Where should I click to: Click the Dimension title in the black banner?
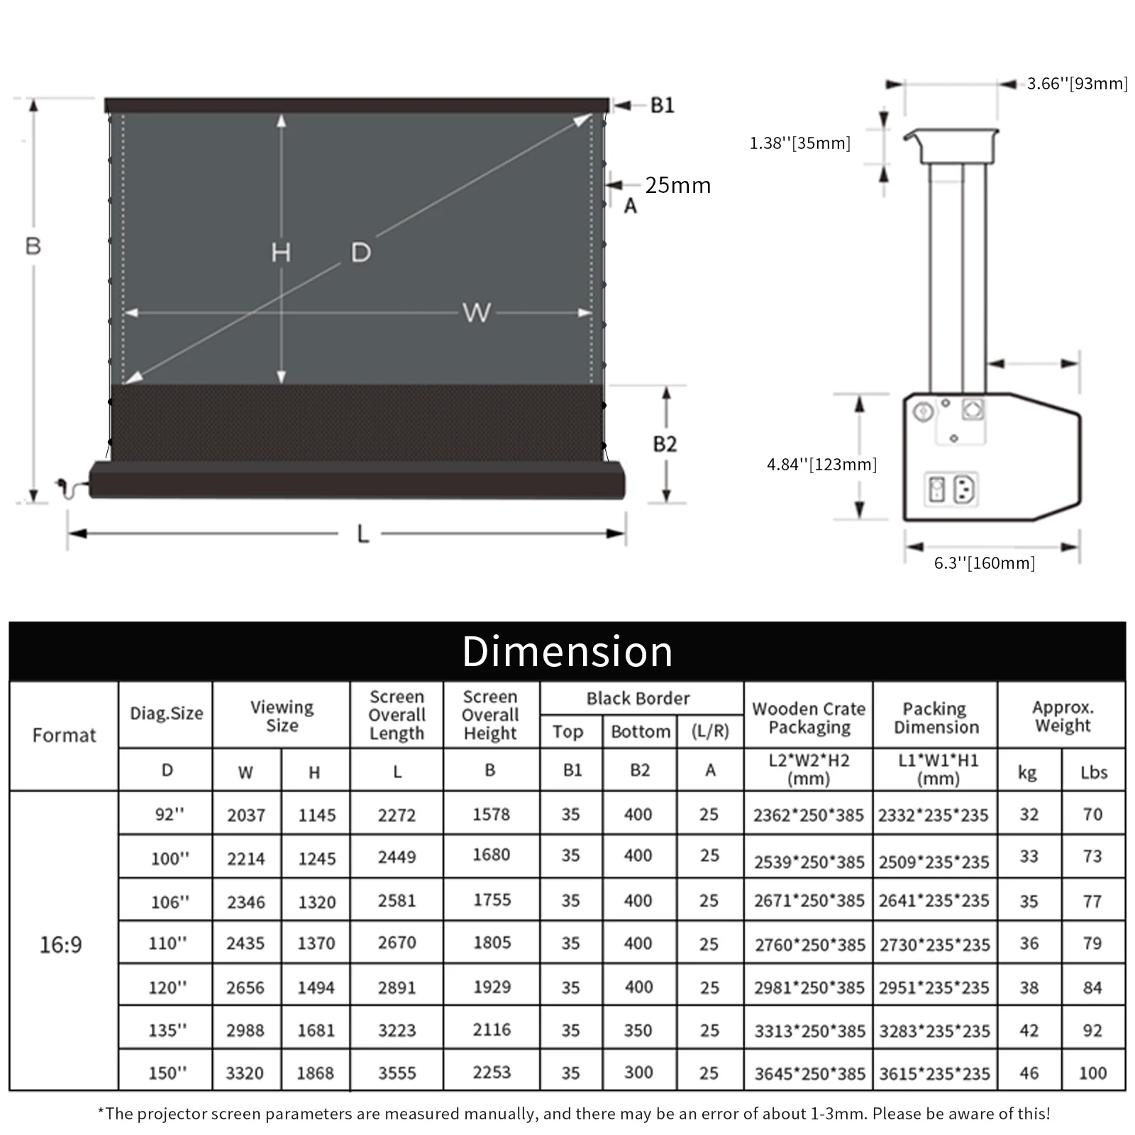pos(567,651)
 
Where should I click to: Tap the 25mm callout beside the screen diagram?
pos(677,185)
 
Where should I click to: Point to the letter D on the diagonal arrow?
pos(360,253)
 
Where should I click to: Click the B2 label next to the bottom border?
pos(665,444)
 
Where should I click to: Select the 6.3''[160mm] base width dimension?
pos(984,563)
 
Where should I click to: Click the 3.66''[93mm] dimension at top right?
pos(1077,84)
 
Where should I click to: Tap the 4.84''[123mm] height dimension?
pos(821,465)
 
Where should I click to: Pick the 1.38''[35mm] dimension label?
pos(799,143)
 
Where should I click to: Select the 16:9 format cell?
pos(61,944)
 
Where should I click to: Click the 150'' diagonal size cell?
pos(167,1073)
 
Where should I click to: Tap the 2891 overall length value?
pos(397,987)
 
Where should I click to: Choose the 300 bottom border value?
pos(638,1073)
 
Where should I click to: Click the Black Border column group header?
pos(638,699)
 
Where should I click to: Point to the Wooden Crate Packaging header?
pos(809,717)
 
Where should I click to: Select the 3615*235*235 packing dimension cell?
pos(934,1073)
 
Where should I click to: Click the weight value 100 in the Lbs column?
pos(1092,1073)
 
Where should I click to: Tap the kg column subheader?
pos(1027,772)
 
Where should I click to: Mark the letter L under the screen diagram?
pos(362,533)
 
